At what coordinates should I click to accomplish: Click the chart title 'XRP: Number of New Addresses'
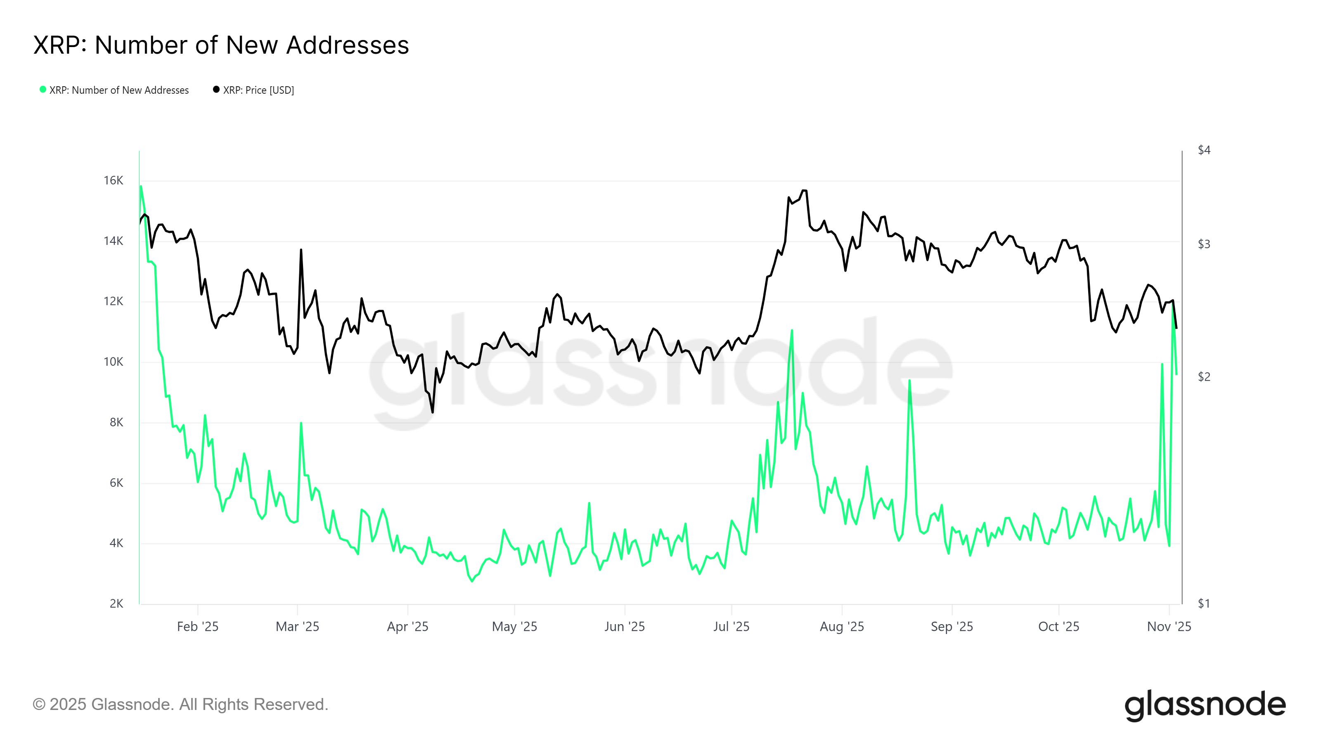coord(221,45)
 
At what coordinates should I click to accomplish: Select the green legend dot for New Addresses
coord(43,90)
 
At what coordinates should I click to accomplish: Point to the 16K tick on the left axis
coord(114,180)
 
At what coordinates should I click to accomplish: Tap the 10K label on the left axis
coord(114,362)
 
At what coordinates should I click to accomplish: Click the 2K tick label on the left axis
coord(116,603)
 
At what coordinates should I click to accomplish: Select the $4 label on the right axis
coord(1204,150)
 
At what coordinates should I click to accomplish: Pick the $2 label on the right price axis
coord(1204,377)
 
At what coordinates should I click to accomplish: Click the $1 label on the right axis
coord(1204,603)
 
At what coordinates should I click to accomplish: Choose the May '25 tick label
coord(514,627)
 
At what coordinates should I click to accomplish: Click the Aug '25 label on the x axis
coord(842,627)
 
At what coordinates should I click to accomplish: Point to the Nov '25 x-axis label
coord(1169,627)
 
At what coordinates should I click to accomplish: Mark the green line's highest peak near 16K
coord(141,186)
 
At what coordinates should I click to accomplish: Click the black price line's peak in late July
coord(804,190)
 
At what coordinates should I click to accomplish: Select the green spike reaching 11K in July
coord(792,330)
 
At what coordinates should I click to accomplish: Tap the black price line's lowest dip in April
coord(432,412)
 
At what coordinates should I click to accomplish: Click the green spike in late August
coord(909,381)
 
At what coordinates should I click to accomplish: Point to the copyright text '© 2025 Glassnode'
coord(180,705)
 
